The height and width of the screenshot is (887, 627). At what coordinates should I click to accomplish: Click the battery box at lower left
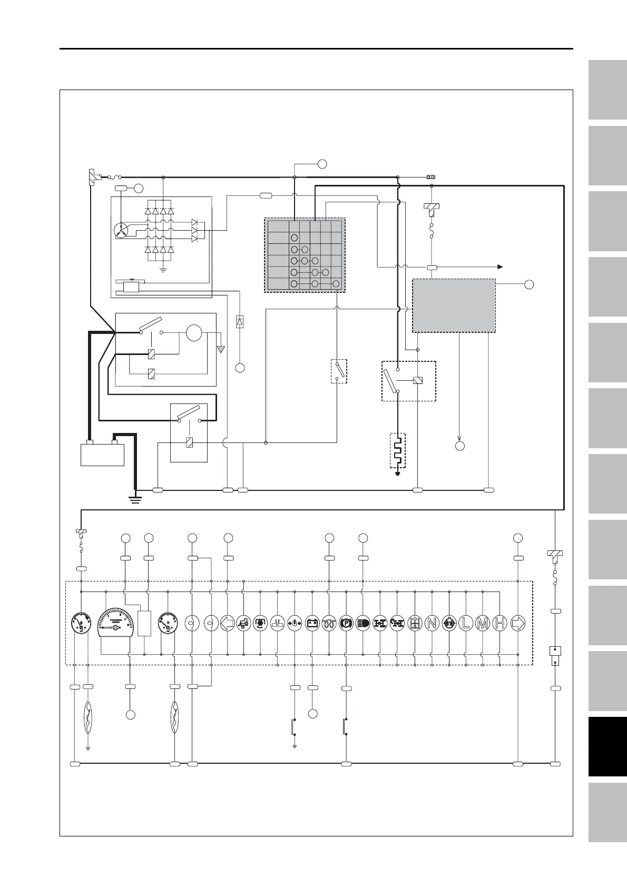tap(102, 455)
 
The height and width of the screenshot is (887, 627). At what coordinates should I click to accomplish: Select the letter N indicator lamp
tap(432, 623)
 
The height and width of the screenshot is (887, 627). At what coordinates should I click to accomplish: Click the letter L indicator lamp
tap(466, 623)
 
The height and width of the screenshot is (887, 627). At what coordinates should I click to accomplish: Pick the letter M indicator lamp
tap(483, 623)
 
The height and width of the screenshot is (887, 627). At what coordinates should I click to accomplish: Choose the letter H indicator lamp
tap(500, 623)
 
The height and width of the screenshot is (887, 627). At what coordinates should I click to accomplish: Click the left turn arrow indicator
tap(227, 623)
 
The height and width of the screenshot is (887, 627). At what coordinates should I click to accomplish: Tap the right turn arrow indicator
tap(518, 623)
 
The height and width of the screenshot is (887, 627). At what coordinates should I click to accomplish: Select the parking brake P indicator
tap(346, 623)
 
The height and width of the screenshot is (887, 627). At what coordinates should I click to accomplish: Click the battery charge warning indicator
tap(312, 623)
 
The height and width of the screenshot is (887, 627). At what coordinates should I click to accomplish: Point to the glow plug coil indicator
tap(329, 623)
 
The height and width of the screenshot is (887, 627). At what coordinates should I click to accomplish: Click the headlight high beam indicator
tap(363, 623)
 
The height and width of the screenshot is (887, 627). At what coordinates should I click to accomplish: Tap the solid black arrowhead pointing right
tap(500, 267)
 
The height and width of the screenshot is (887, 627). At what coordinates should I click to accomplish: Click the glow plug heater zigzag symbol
tap(398, 450)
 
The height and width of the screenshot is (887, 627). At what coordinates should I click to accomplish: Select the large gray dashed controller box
tap(454, 305)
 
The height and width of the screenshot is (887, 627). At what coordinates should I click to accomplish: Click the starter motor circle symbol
tap(194, 333)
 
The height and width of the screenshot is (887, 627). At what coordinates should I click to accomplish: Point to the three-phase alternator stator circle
tap(121, 230)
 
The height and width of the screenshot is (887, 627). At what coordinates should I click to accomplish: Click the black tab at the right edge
tap(606, 746)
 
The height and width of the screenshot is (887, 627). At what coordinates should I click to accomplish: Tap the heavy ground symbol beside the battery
tap(136, 498)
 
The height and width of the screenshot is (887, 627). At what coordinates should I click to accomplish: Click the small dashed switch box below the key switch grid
tap(339, 371)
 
